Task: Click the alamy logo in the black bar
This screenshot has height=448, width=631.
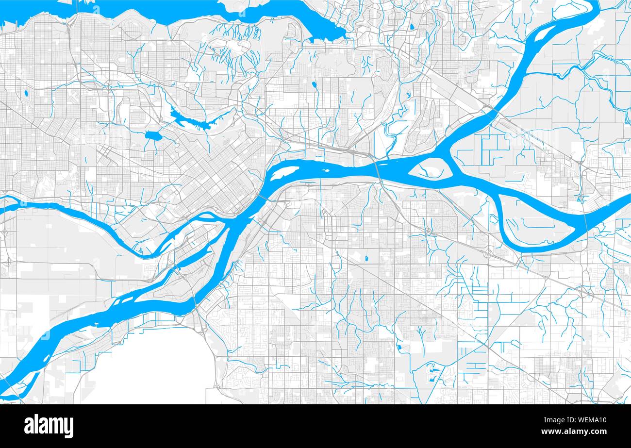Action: (x=49, y=426)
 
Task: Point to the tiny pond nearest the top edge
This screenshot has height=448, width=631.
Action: (x=411, y=27)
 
